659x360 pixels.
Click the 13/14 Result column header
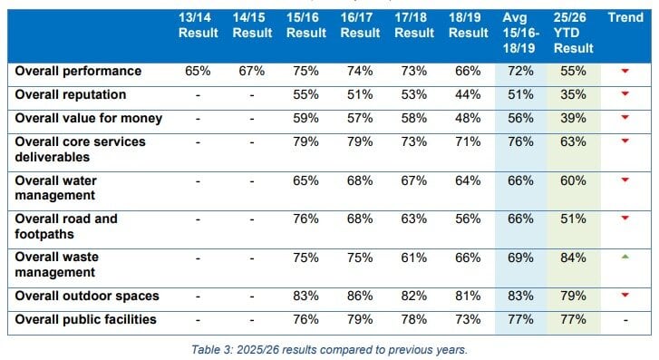198,25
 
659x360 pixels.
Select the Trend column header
625,17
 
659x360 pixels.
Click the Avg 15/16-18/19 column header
519,32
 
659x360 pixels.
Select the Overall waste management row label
56,265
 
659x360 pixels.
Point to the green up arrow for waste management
624,258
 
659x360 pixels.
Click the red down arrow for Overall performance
624,71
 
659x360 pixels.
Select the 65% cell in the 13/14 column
198,71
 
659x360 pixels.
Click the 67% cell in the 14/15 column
251,71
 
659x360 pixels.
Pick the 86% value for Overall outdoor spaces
359,296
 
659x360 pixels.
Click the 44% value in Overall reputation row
467,94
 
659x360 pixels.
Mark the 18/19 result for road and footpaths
467,219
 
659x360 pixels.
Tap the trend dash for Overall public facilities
624,319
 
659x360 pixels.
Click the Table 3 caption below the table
329,349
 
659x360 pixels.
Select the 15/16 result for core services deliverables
305,141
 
